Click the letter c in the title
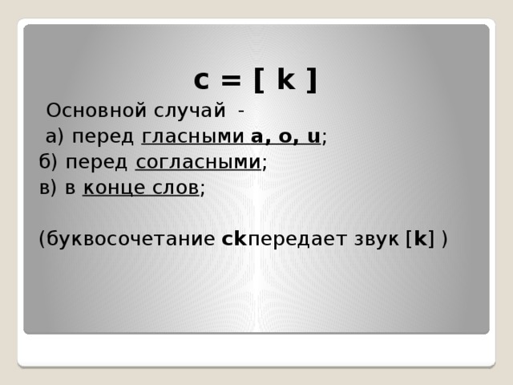(202, 80)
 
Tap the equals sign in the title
(231, 80)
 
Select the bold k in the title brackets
(286, 79)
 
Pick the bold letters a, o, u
(285, 136)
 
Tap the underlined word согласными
(199, 163)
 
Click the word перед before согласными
(97, 163)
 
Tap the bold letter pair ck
(234, 239)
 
